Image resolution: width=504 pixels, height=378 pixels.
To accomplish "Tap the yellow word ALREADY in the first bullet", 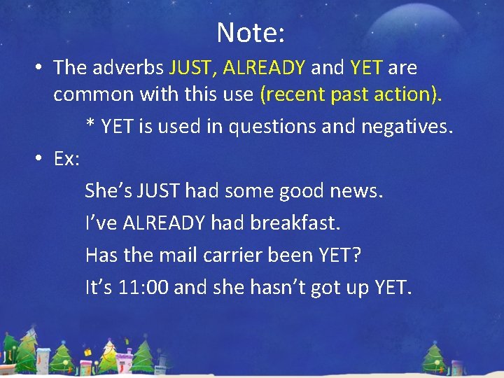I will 264,68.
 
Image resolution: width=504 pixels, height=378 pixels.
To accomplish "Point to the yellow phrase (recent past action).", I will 351,94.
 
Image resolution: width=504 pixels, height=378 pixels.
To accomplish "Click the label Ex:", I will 67,159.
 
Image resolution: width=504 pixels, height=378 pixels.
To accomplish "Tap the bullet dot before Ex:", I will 41,160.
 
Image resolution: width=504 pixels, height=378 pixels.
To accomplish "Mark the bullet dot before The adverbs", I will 41,69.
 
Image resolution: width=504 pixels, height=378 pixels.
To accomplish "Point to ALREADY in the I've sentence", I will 164,223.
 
